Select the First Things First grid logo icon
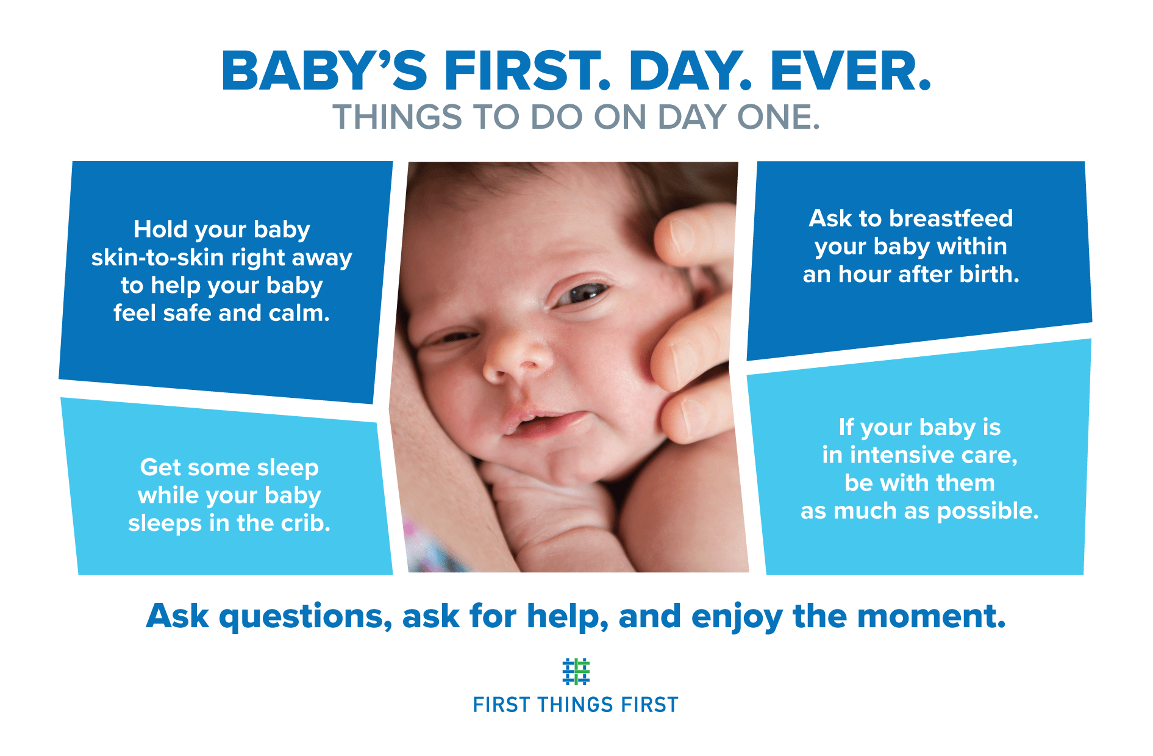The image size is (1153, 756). pyautogui.click(x=576, y=672)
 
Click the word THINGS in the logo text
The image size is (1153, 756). pyautogui.click(x=575, y=705)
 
